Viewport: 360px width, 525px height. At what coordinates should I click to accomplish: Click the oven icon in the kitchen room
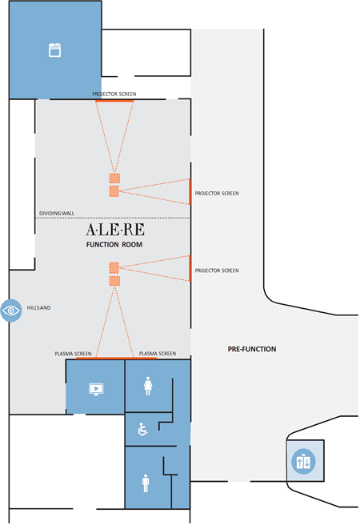(55, 50)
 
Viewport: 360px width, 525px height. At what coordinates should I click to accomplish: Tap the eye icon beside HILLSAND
(11, 310)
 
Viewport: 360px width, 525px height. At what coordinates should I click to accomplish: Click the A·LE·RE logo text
(114, 229)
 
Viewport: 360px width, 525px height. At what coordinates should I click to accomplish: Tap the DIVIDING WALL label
(57, 214)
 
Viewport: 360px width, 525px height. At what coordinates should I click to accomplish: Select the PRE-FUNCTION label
(252, 349)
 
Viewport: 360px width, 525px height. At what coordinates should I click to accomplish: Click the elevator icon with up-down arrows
(306, 462)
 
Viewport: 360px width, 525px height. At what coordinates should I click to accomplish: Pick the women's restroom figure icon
(148, 387)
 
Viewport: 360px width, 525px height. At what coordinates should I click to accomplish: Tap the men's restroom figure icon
(145, 483)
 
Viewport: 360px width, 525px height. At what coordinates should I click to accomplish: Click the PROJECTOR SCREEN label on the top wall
(114, 94)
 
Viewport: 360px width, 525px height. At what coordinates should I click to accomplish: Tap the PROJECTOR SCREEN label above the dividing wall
(217, 194)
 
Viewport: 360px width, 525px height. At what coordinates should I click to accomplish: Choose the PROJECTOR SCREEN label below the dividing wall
(217, 271)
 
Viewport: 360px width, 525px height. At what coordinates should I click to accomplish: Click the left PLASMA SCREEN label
(73, 353)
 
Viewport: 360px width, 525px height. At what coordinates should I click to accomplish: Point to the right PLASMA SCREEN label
(158, 353)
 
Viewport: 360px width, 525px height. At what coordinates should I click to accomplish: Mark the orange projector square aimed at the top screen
(114, 178)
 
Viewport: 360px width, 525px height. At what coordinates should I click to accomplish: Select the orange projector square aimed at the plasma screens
(114, 281)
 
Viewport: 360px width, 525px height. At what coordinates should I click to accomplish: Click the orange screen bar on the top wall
(114, 100)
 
